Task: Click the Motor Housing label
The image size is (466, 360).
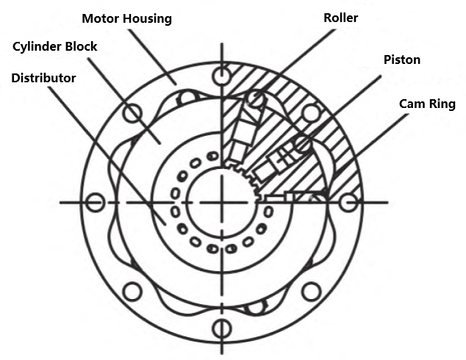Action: point(127,18)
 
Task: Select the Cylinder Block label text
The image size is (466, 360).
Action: point(55,46)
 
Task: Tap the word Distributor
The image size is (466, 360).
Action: point(43,78)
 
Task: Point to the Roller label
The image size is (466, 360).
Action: point(340,18)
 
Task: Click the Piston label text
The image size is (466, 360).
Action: point(402,60)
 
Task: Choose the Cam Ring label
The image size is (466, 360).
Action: point(427,104)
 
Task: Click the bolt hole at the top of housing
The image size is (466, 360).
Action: point(221,76)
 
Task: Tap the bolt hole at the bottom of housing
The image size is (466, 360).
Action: point(221,328)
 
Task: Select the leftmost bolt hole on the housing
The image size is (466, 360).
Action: point(95,202)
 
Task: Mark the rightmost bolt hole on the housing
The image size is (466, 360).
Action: point(348,202)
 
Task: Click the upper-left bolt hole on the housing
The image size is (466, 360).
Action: point(132,113)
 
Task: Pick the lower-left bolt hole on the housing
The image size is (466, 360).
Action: point(132,292)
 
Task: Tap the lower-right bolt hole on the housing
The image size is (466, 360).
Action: point(311,292)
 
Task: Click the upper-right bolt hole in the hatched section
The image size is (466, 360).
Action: point(311,113)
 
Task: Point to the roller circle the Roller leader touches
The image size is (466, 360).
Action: point(257,98)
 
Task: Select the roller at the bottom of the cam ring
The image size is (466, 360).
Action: point(256,306)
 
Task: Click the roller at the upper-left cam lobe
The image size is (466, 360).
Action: point(187,98)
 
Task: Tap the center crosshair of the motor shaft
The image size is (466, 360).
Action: point(221,202)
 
